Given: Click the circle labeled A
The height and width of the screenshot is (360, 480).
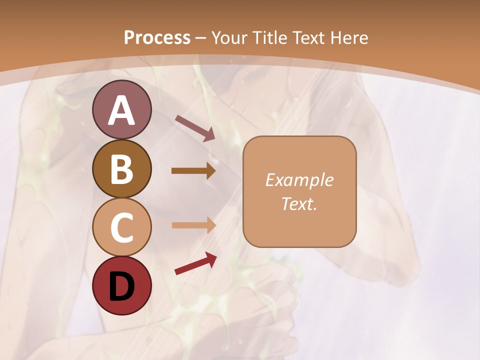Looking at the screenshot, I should click(x=121, y=109).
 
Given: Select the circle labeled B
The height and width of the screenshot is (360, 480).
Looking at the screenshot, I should click(x=121, y=168).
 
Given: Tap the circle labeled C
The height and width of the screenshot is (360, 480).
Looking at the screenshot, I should click(x=121, y=227).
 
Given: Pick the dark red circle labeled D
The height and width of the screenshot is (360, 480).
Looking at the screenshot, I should click(x=121, y=285).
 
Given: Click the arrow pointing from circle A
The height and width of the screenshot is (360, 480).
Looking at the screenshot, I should click(x=195, y=127).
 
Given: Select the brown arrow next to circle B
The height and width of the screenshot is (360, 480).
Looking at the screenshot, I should click(x=193, y=171).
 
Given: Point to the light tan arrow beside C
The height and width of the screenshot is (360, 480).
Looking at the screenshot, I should click(x=193, y=225).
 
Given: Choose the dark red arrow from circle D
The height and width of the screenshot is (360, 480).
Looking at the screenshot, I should click(x=195, y=263).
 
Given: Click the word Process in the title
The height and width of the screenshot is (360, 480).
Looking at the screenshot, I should click(x=157, y=38).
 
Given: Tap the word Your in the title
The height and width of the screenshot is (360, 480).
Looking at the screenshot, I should click(x=231, y=38).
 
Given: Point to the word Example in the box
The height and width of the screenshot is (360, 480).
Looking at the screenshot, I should click(x=299, y=180).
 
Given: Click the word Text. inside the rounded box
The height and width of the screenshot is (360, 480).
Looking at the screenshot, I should click(x=299, y=203).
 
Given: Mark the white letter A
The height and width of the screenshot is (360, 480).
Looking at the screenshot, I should click(x=121, y=110).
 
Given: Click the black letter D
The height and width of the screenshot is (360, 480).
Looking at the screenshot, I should click(x=121, y=286).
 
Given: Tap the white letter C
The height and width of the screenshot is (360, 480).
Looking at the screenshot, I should click(x=121, y=228).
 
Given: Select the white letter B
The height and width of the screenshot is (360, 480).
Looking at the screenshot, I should click(x=121, y=169).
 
